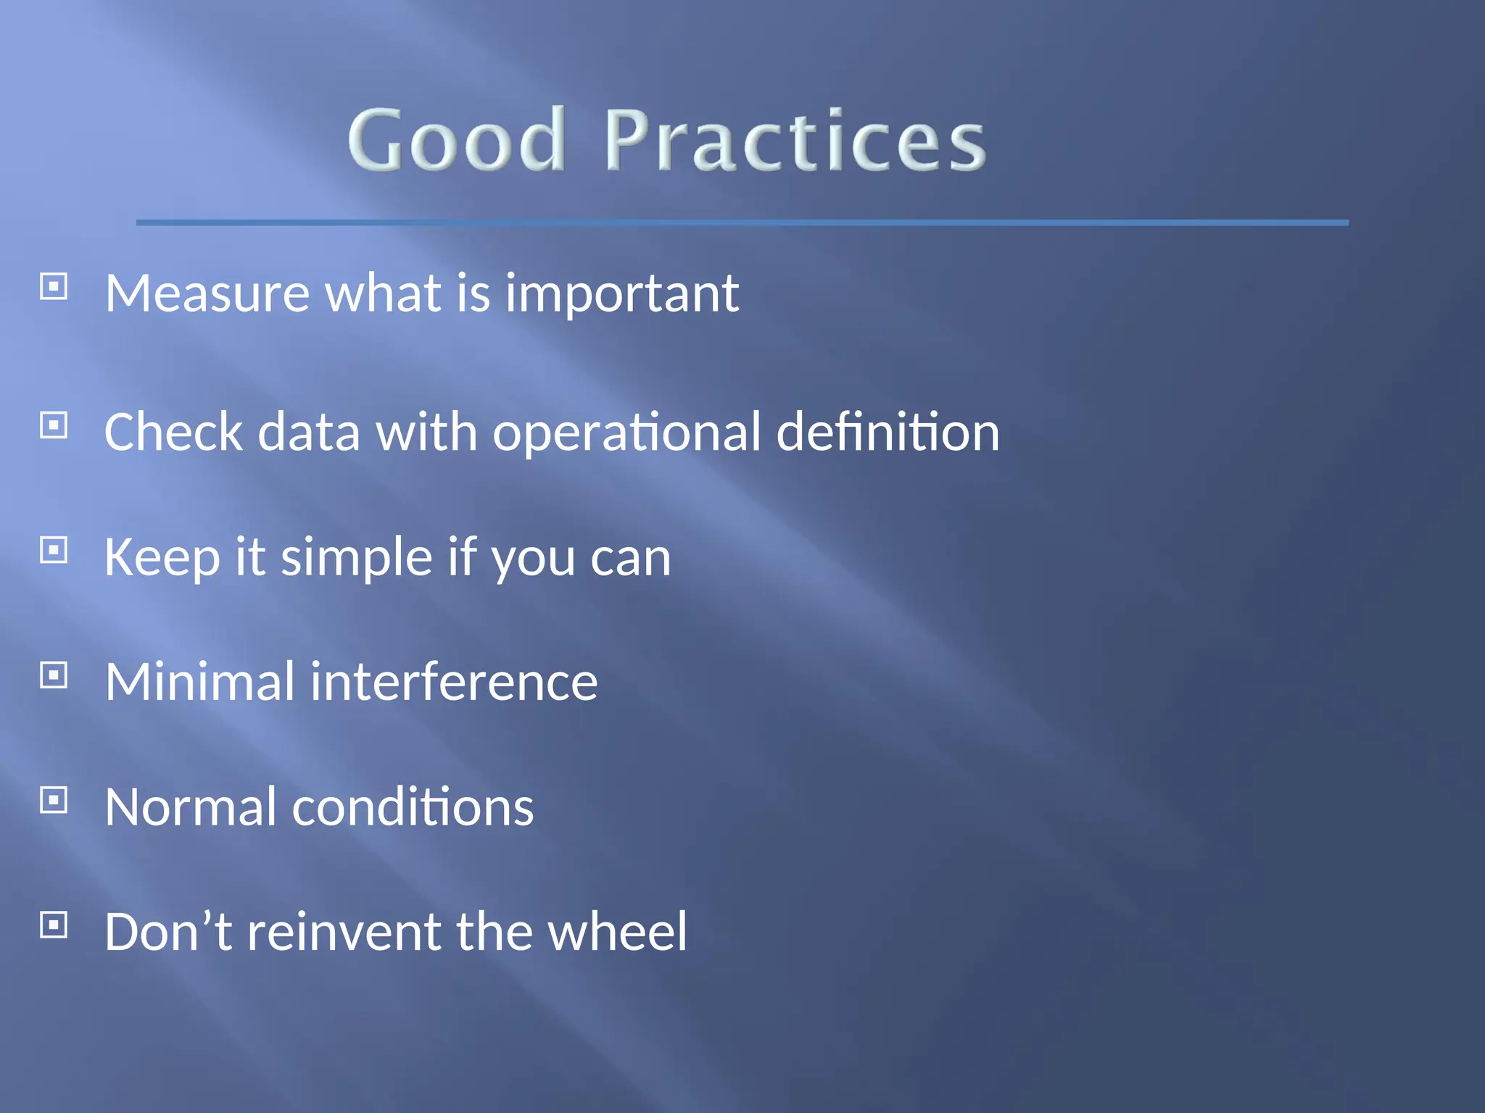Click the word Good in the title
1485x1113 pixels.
click(x=456, y=140)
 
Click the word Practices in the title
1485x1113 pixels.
click(x=794, y=140)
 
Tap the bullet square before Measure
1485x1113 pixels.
click(x=54, y=287)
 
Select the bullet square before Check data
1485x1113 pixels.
click(x=54, y=425)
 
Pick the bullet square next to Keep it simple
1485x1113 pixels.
click(x=54, y=551)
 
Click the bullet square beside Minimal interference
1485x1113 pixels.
click(x=54, y=675)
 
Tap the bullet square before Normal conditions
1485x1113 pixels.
click(x=54, y=800)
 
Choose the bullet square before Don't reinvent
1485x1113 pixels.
click(x=54, y=925)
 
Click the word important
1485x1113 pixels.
click(x=621, y=294)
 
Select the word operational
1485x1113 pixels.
click(x=626, y=433)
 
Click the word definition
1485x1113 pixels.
click(x=888, y=432)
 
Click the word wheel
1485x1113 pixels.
click(x=617, y=932)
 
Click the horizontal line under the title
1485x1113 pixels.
click(x=742, y=222)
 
